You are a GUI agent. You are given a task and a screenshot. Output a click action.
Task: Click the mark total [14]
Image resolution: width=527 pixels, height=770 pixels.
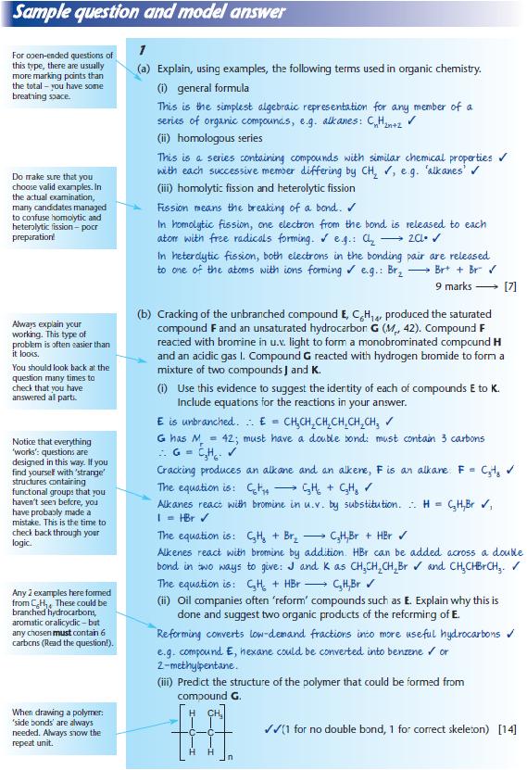click(x=507, y=729)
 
